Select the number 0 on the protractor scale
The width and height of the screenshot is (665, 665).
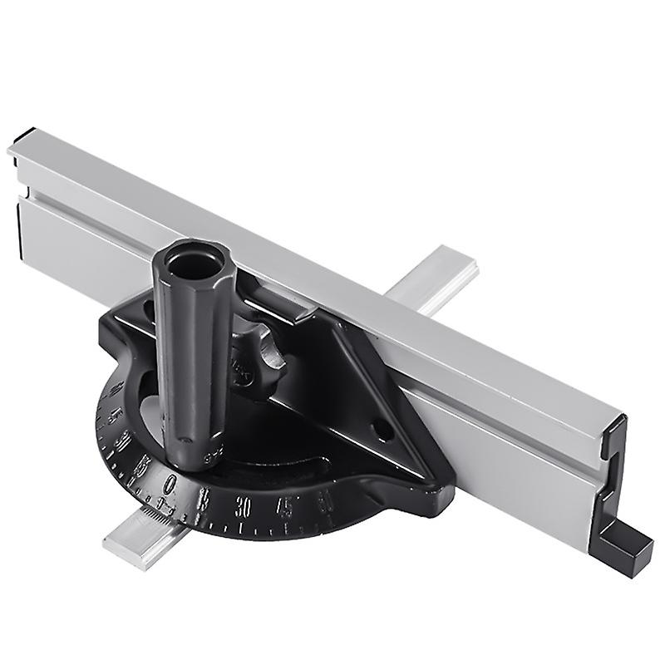tap(170, 483)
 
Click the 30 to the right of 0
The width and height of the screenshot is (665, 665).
tap(244, 504)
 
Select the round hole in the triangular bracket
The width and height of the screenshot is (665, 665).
tap(380, 432)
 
